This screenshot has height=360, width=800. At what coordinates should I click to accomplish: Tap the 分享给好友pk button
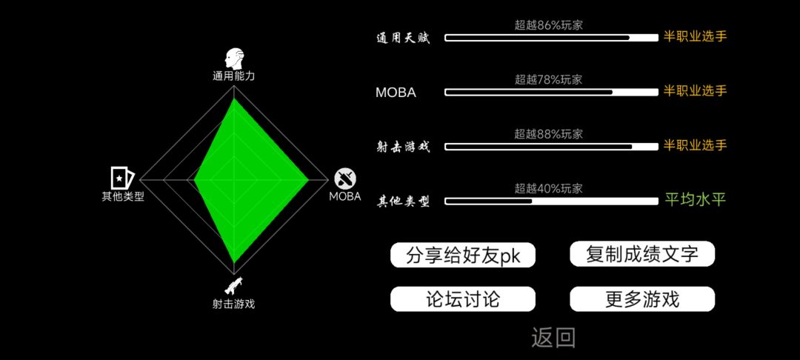tap(463, 255)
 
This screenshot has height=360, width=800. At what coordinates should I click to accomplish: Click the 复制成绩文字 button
tap(641, 254)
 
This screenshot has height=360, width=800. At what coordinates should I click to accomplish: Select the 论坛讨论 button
tap(463, 299)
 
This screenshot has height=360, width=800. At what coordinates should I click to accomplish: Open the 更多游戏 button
tap(641, 299)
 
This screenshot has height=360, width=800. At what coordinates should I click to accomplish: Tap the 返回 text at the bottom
tap(553, 338)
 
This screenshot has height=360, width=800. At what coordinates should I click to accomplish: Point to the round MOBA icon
tap(345, 179)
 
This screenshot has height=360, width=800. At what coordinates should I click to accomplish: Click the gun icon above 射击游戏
tap(233, 286)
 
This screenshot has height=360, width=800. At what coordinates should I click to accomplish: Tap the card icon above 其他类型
tap(122, 178)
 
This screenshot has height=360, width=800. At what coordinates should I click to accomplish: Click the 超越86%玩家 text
tap(548, 25)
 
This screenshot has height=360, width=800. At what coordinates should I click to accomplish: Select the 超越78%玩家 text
tap(548, 80)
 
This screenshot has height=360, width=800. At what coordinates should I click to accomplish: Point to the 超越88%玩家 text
tap(548, 135)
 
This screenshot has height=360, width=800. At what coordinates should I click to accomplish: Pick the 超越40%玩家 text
tap(548, 189)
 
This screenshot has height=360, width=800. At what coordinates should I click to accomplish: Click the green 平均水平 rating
tap(696, 199)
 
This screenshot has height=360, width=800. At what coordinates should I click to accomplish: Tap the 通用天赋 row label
tap(403, 39)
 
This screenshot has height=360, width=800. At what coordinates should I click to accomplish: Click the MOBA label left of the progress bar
tap(396, 93)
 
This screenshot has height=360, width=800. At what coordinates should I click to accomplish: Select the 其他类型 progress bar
tap(552, 201)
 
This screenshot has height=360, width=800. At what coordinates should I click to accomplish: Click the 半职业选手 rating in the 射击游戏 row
tap(696, 145)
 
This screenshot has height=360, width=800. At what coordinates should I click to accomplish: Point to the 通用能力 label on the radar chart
tap(233, 76)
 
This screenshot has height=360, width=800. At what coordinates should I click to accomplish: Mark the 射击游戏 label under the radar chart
tap(233, 304)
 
